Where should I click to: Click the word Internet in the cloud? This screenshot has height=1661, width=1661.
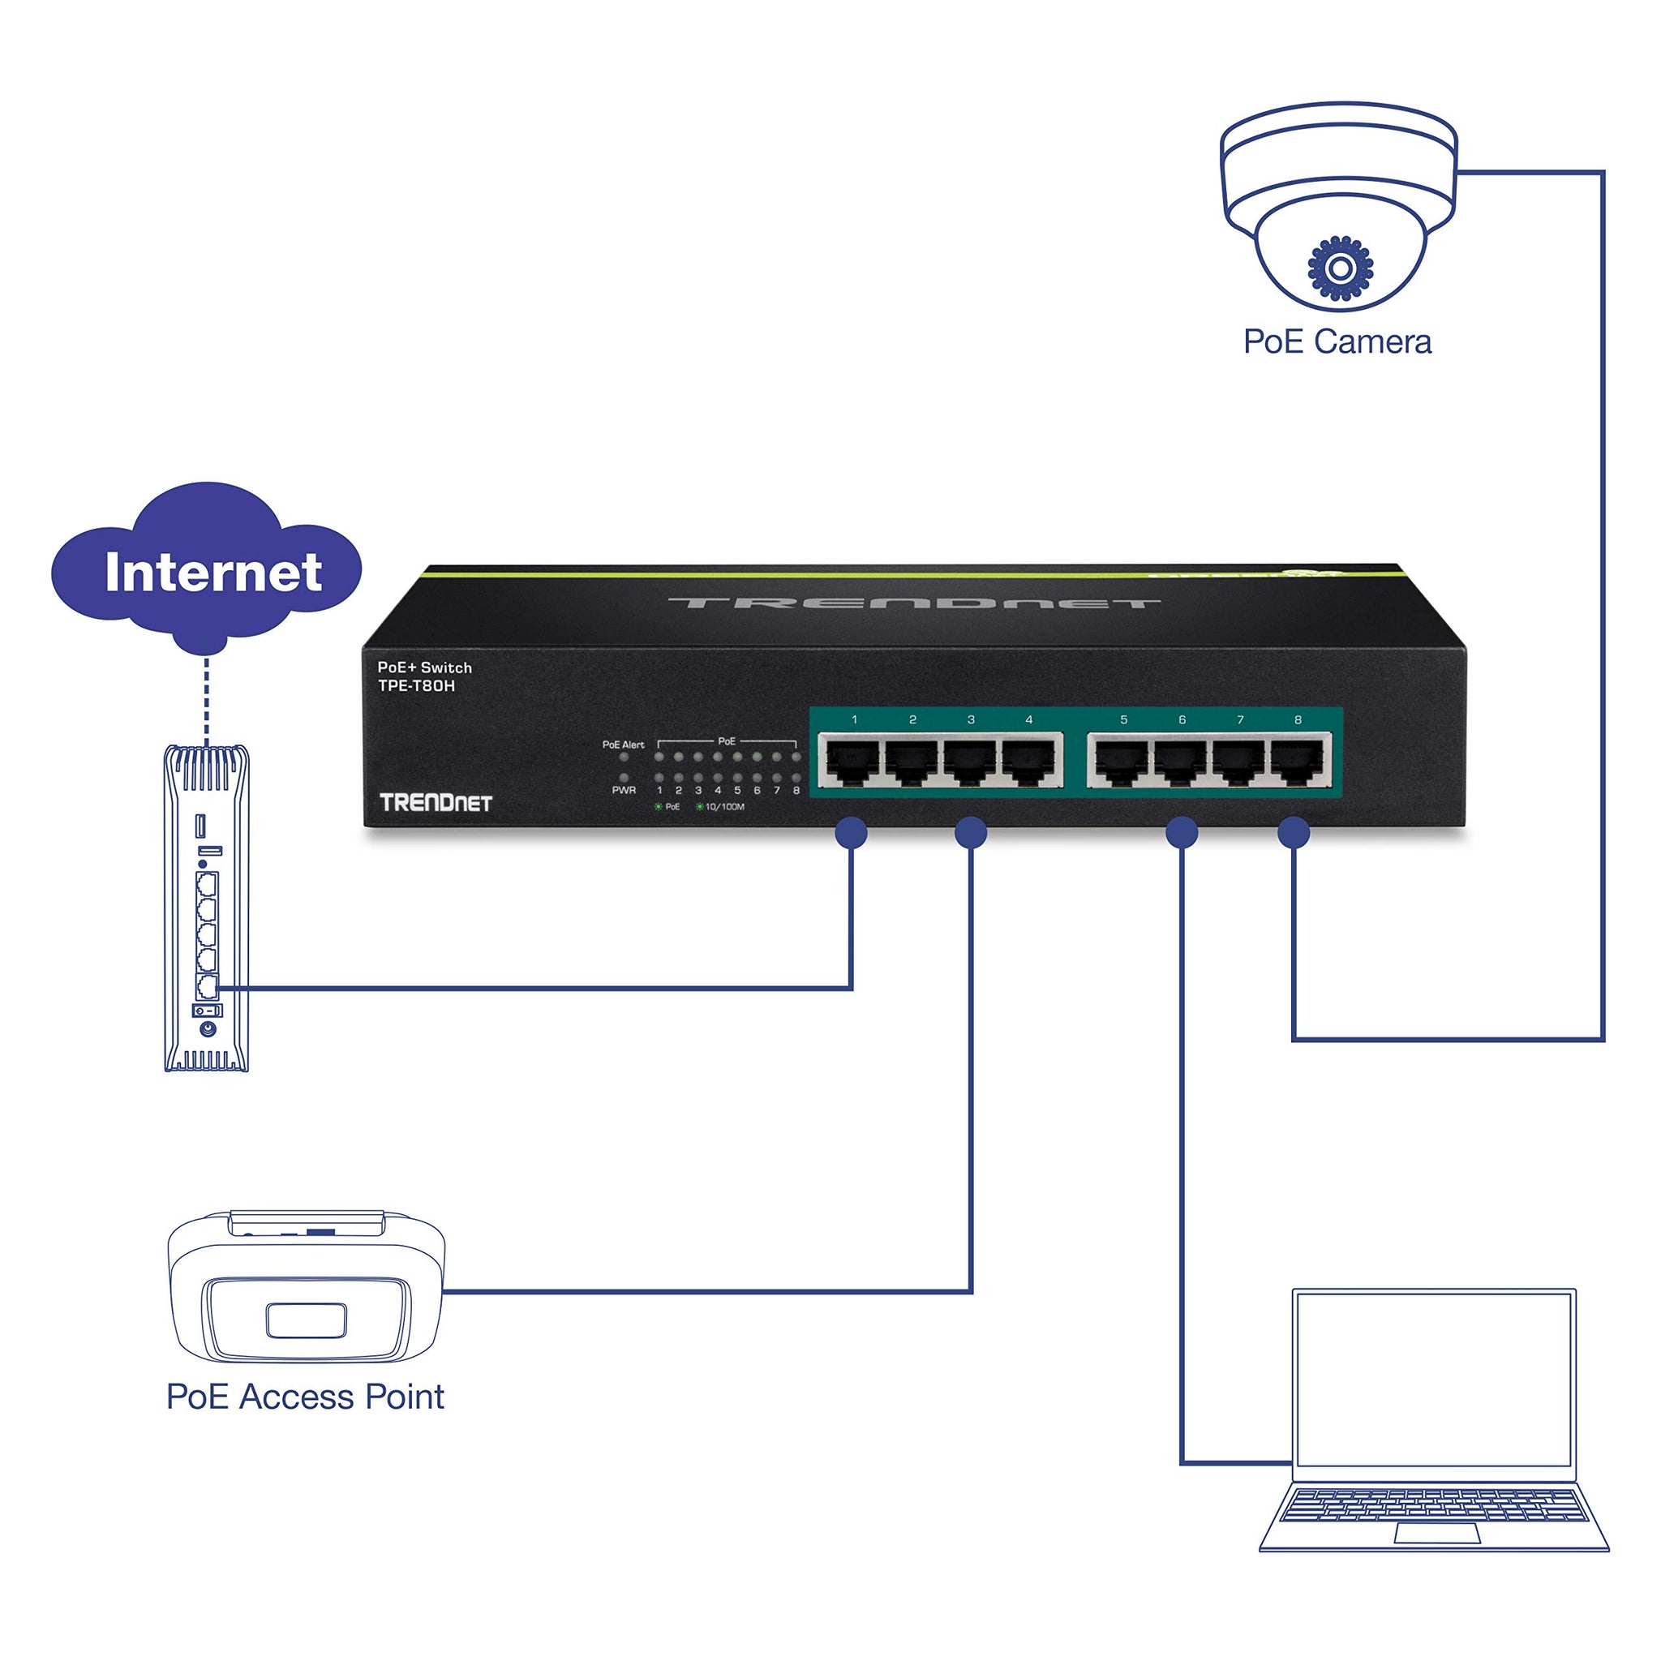pos(213,573)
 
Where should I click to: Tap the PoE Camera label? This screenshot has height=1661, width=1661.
pos(1337,342)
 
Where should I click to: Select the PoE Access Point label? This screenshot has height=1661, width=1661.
pos(305,1397)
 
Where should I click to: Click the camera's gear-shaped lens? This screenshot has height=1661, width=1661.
pos(1340,268)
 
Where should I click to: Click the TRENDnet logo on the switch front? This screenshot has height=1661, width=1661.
pos(436,803)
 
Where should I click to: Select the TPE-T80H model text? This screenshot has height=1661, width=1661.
pos(416,686)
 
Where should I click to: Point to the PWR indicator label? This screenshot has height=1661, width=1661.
pos(624,790)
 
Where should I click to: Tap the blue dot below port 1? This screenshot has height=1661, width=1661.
pos(851,832)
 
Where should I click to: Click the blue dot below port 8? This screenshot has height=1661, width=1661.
pos(1294,832)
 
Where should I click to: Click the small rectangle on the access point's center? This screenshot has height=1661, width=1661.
pos(306,1320)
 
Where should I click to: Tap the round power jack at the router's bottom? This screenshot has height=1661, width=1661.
pos(207,1029)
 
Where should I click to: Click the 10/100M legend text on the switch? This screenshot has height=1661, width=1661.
pos(724,806)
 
